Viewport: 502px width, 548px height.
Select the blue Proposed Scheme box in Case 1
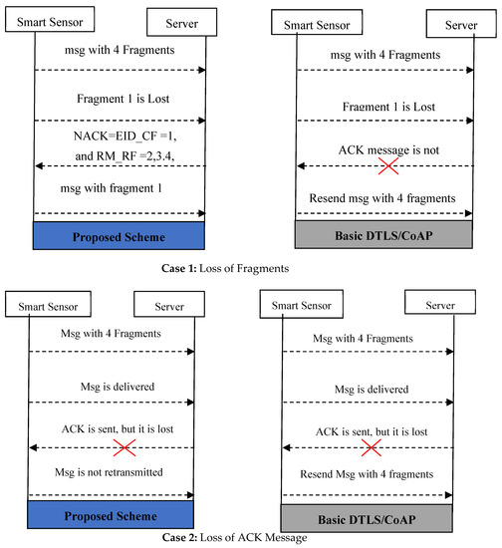120,237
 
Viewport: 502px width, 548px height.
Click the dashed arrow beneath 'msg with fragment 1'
120,213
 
